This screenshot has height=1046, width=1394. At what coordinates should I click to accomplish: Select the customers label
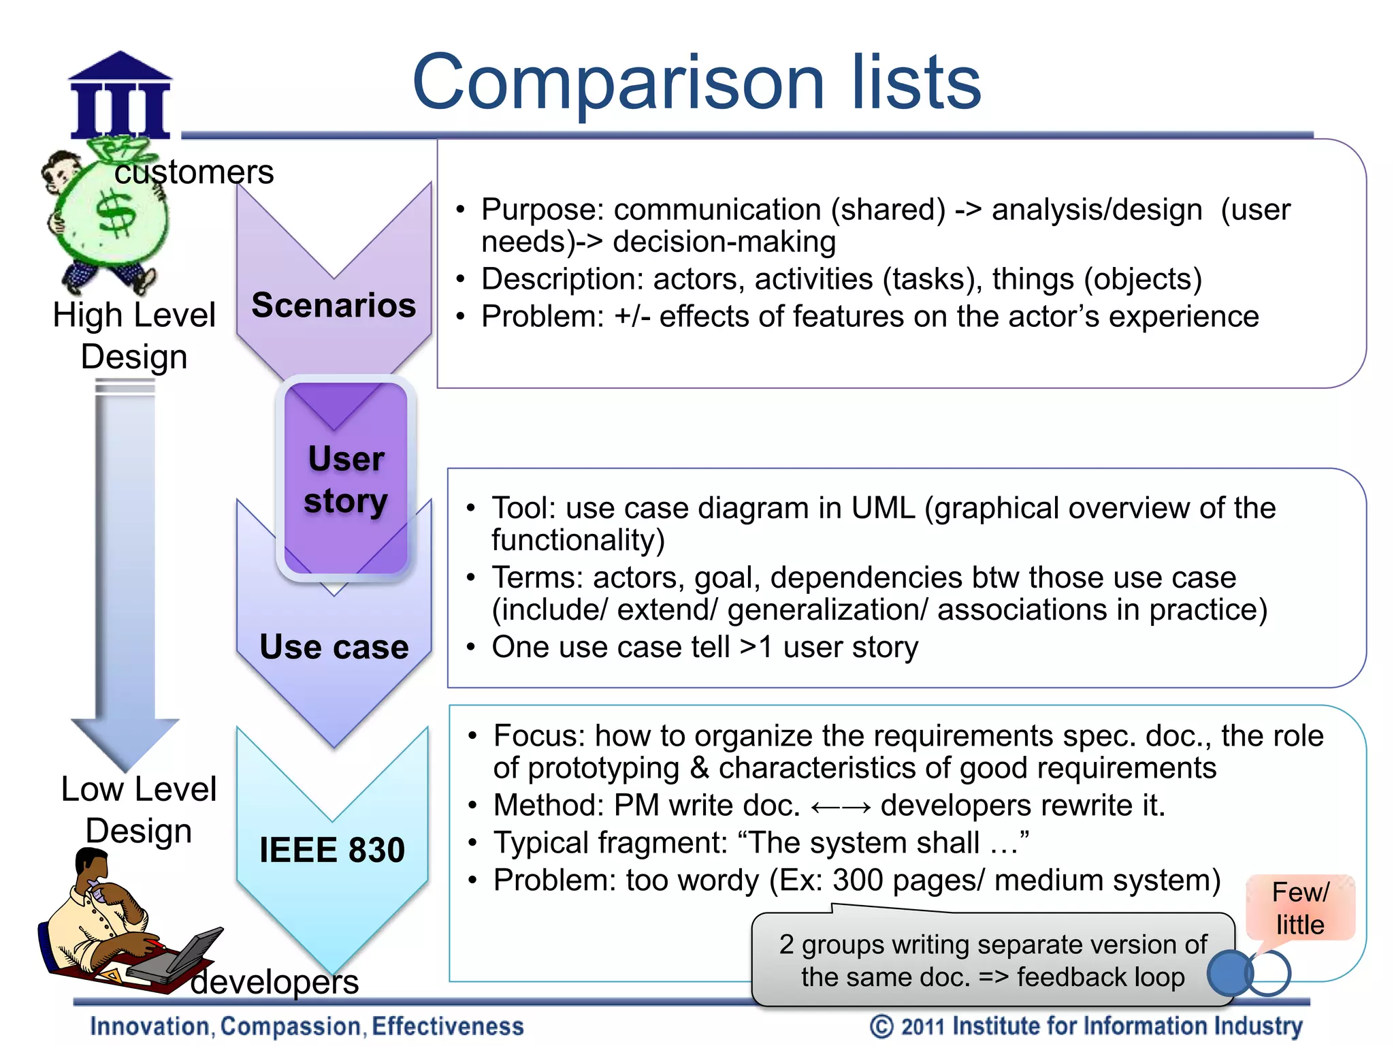194,172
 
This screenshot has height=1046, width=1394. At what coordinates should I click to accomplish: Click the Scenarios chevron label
334,305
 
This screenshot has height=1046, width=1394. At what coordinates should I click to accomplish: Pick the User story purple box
346,479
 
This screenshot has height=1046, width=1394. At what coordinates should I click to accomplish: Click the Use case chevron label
334,646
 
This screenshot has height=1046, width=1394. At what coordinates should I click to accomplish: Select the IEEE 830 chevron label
332,850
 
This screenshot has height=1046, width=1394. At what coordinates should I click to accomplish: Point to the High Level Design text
134,336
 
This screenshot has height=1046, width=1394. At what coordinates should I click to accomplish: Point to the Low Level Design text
138,810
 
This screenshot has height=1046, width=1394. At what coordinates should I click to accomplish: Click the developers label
274,982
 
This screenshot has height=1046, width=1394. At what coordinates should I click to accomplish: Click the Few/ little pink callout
1300,908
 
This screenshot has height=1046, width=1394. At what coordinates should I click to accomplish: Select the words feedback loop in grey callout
1101,977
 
